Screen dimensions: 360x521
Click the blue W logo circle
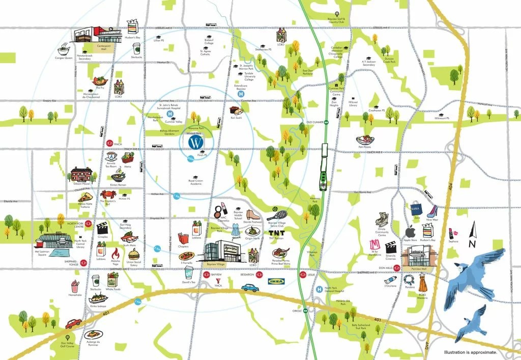coord(195,142)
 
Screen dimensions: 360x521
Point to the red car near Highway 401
coord(73,323)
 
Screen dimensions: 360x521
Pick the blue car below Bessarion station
coord(250,288)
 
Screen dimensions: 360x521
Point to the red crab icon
coord(108,194)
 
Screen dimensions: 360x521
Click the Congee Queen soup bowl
coord(64,50)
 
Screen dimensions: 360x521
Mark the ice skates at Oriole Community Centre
coord(381,220)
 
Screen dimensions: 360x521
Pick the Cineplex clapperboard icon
coord(103,229)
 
